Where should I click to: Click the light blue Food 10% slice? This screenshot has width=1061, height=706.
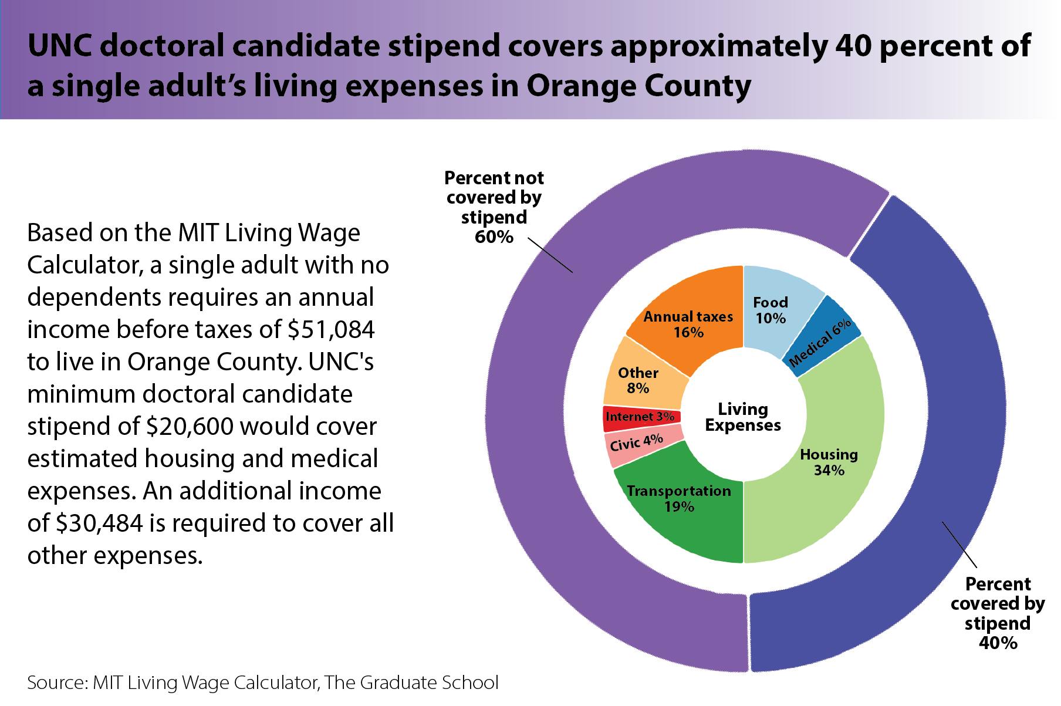(x=770, y=309)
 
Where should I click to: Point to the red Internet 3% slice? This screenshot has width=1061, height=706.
(x=640, y=417)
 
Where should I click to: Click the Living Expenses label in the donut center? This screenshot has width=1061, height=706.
(x=743, y=417)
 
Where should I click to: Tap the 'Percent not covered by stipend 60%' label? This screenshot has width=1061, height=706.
(x=494, y=207)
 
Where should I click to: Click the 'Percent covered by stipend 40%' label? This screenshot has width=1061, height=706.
(x=998, y=613)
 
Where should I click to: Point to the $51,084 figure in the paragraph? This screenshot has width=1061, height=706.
(x=331, y=330)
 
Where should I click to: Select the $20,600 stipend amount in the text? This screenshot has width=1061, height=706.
(x=191, y=427)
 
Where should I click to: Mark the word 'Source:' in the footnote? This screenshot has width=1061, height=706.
(x=57, y=683)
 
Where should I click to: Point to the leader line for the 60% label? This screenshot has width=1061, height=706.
(x=550, y=255)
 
